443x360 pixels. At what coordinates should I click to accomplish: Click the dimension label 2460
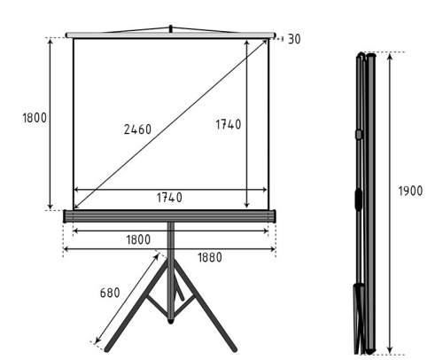point(137,129)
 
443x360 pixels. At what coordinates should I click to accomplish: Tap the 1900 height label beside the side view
point(409,192)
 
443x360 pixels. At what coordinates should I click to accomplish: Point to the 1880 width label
point(209,258)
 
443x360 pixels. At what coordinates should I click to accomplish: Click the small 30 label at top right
point(294,40)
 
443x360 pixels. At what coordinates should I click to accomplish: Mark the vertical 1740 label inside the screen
point(228,125)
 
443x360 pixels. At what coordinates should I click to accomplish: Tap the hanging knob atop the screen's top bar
point(170,29)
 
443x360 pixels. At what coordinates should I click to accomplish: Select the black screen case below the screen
point(170,215)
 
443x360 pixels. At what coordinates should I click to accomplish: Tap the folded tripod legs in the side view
point(361,315)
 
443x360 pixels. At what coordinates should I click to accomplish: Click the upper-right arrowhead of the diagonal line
point(265,42)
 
